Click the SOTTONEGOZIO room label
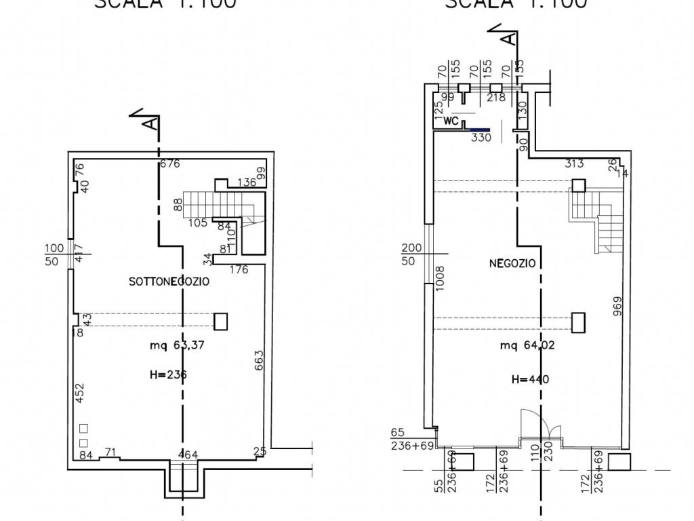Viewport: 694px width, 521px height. click(169, 281)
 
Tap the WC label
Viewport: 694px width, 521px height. click(452, 121)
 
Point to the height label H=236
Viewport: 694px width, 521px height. click(167, 374)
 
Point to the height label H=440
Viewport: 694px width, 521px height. click(529, 379)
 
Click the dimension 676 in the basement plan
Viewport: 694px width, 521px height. click(169, 163)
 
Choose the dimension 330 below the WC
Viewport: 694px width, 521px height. click(481, 137)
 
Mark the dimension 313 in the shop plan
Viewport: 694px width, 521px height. click(574, 163)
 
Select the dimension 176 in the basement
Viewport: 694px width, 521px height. click(239, 269)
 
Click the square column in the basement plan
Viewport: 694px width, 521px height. click(220, 321)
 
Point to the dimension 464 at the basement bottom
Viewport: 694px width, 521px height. click(187, 453)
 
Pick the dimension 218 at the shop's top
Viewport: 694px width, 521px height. click(496, 98)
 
